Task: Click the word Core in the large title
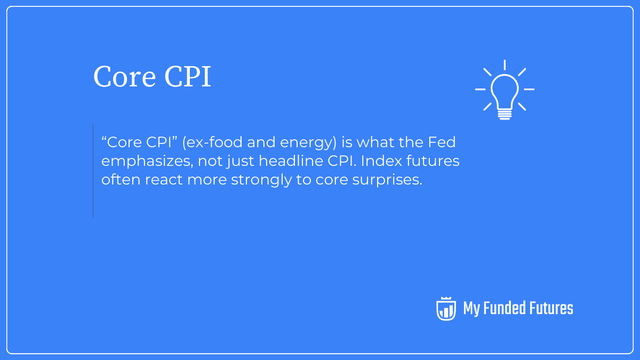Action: pos(124,77)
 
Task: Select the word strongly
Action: pos(263,180)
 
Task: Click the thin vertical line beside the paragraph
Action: pos(93,171)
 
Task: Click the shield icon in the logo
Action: pos(446,308)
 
